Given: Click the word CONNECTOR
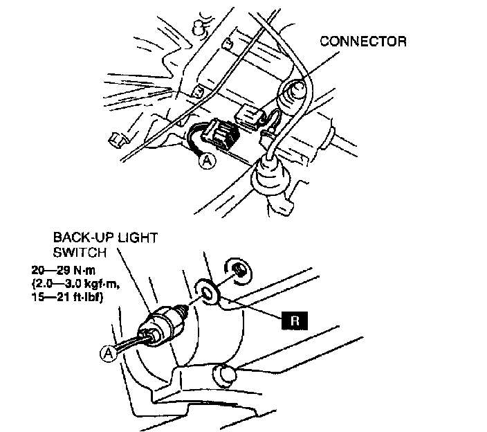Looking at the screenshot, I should (x=363, y=42).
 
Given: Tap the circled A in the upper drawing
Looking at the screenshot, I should (x=206, y=161).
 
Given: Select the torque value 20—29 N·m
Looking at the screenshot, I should (x=62, y=271).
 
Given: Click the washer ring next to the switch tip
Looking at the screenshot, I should (x=209, y=291).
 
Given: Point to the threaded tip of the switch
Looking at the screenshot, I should (x=187, y=306).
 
